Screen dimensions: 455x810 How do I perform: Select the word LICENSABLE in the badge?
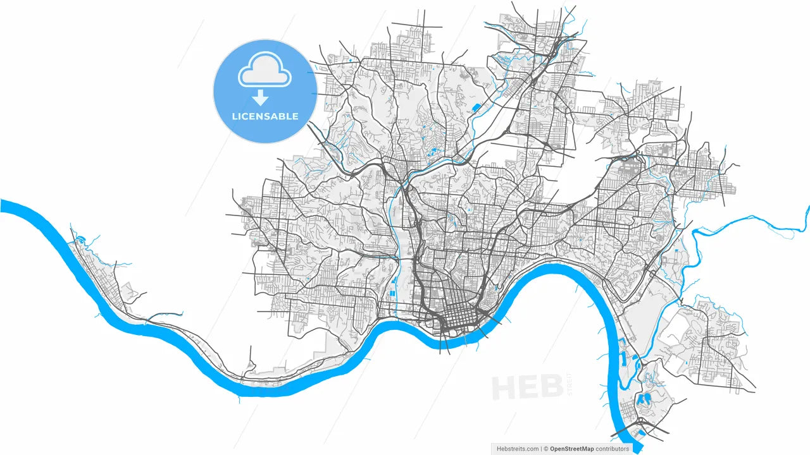point(265,116)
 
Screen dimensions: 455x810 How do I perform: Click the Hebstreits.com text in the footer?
point(518,449)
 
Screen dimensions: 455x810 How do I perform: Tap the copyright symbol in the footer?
point(545,449)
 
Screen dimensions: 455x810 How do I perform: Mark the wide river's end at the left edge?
point(2,206)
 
